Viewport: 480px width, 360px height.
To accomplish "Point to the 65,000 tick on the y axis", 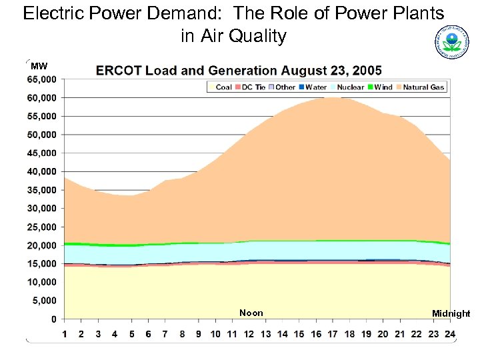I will [41, 79].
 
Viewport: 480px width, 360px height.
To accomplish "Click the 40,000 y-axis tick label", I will [41, 171].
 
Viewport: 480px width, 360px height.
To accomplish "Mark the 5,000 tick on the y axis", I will [44, 301].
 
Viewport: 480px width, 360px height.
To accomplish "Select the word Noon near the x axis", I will [251, 313].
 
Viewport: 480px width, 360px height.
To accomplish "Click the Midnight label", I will [451, 314].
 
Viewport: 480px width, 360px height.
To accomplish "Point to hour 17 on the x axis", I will [333, 333].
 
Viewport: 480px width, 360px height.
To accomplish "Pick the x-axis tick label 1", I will [65, 333].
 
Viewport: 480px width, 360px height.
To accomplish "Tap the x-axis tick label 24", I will [450, 333].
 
